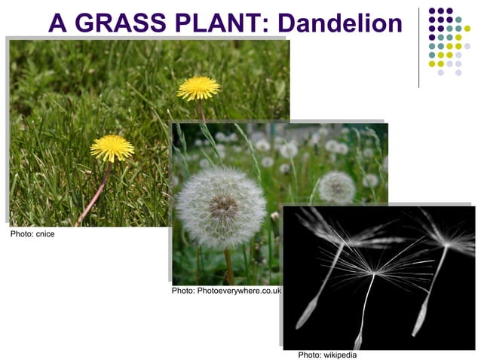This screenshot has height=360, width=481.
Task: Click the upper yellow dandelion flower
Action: (x=198, y=87)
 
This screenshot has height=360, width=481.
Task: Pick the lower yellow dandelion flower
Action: (x=112, y=147)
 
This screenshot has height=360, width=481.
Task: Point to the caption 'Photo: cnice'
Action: (x=32, y=234)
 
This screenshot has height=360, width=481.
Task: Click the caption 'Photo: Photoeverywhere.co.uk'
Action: (x=226, y=290)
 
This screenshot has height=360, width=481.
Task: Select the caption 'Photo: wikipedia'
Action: (x=327, y=355)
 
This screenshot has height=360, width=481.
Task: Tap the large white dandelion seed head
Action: (x=221, y=207)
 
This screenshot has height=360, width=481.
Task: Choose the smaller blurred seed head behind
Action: (x=336, y=186)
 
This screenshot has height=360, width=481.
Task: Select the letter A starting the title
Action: (x=58, y=23)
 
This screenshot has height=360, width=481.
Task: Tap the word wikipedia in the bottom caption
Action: (x=339, y=355)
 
